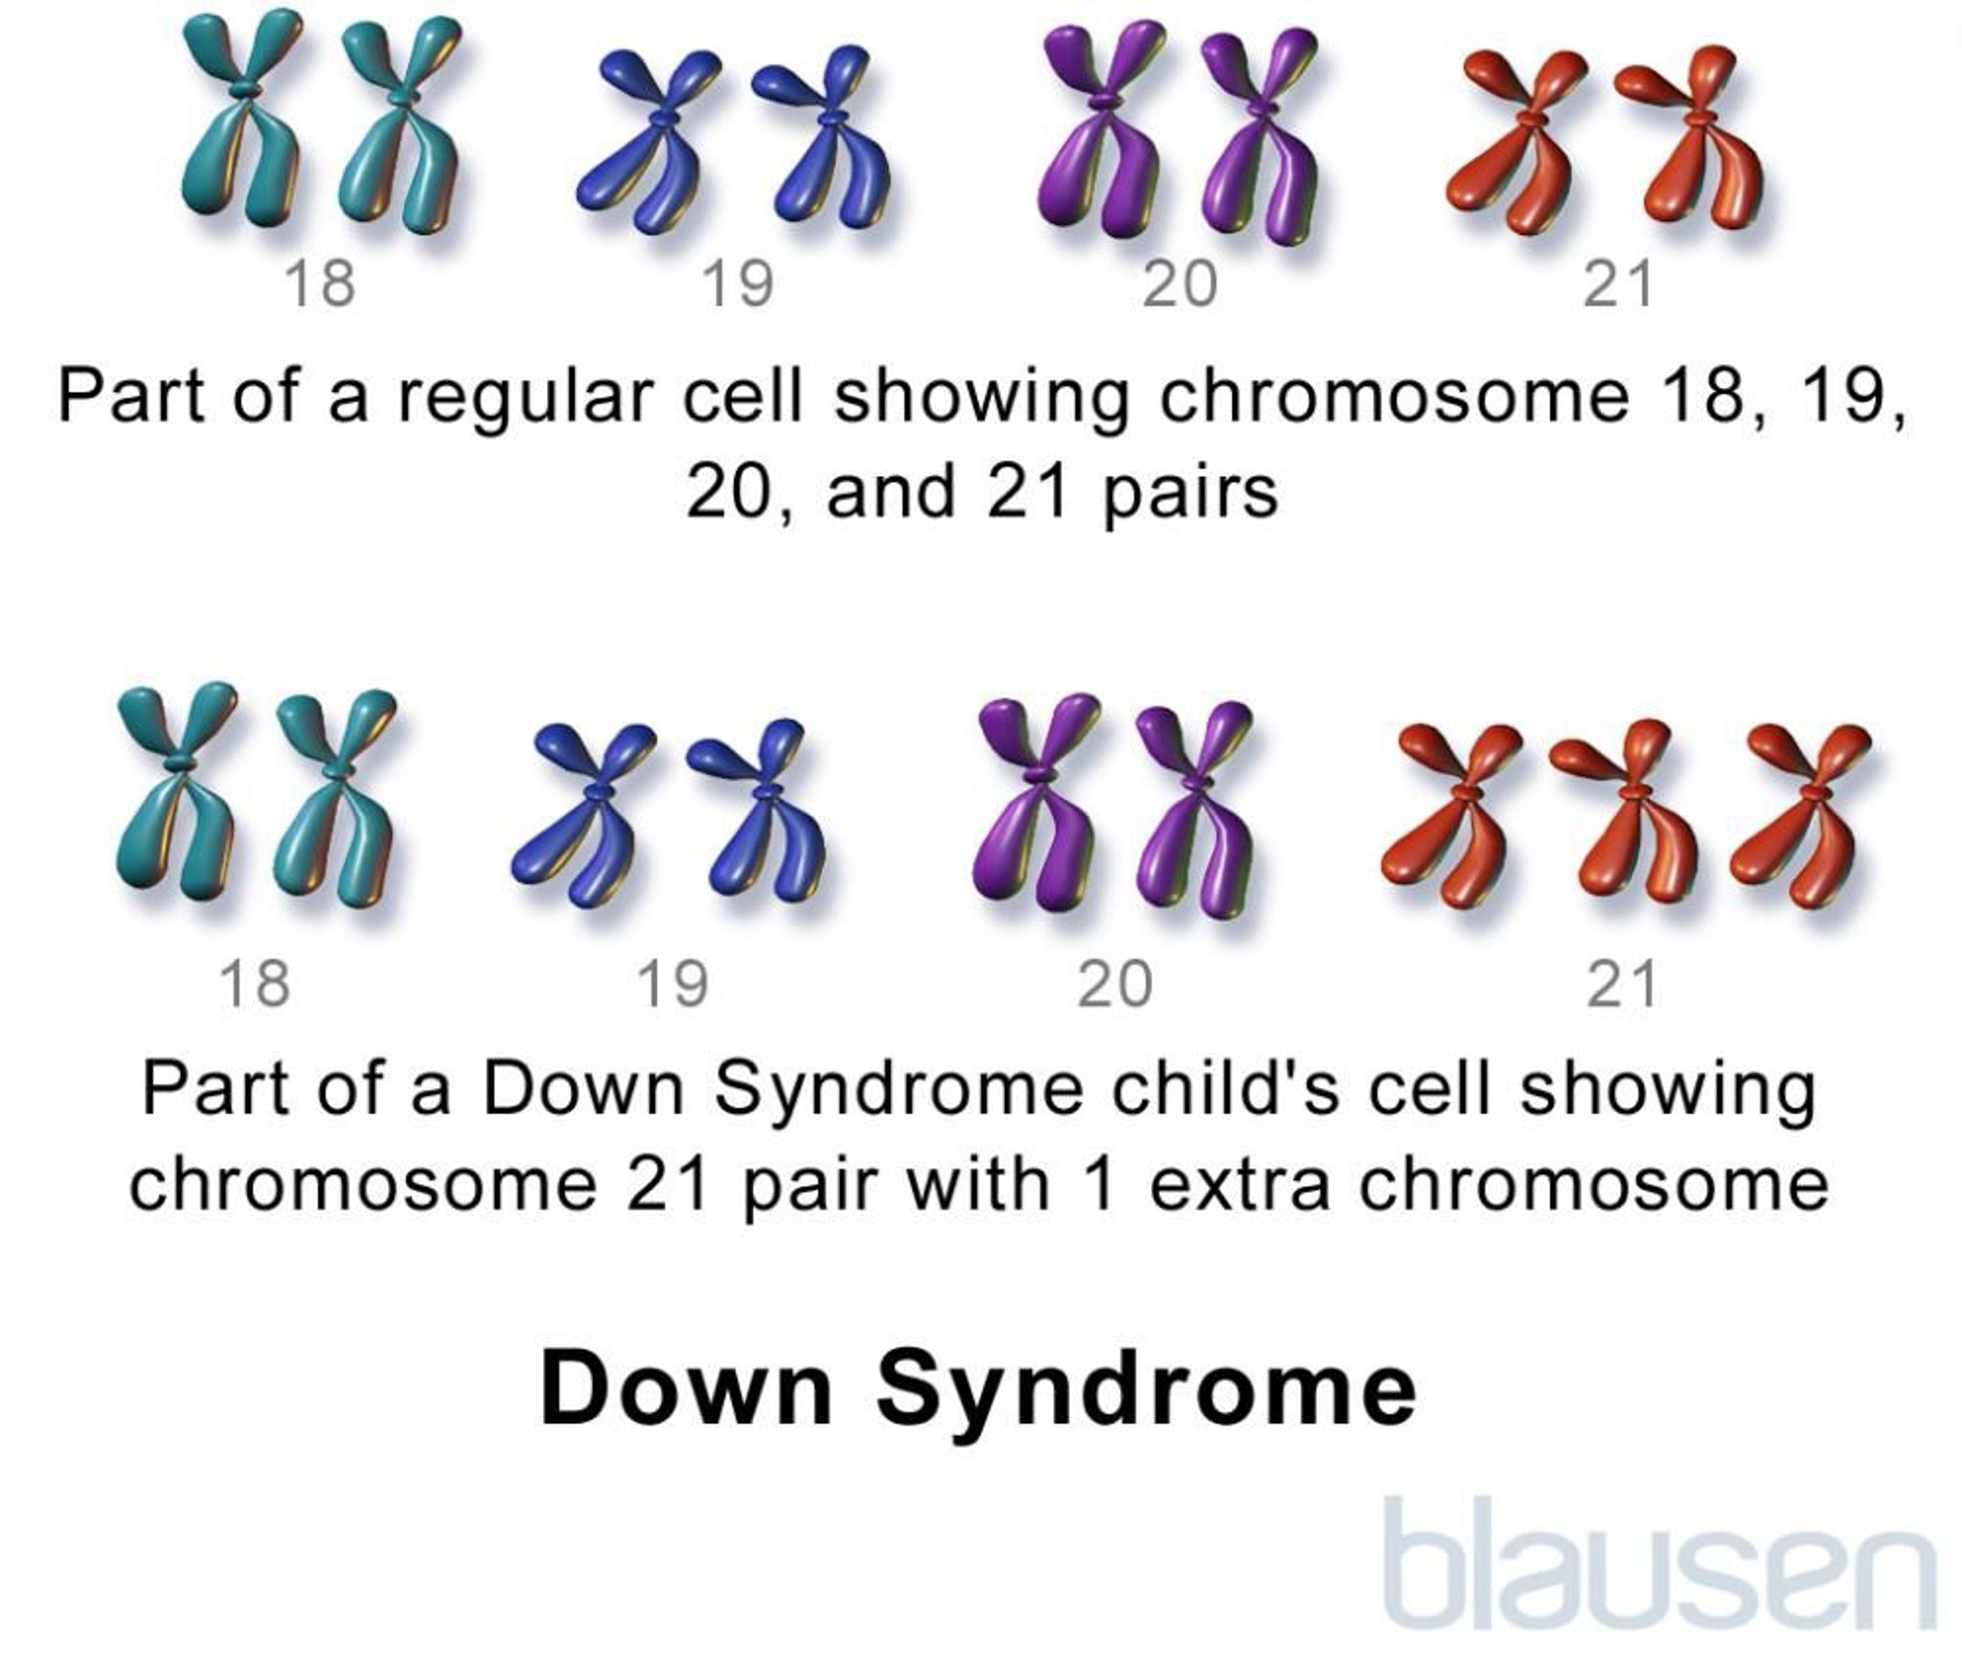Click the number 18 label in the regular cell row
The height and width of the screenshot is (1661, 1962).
coord(320,284)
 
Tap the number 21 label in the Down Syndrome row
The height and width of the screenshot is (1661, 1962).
coord(1621,985)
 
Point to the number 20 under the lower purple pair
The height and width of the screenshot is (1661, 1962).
coord(1114,985)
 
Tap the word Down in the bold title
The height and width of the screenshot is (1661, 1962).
coord(686,1391)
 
